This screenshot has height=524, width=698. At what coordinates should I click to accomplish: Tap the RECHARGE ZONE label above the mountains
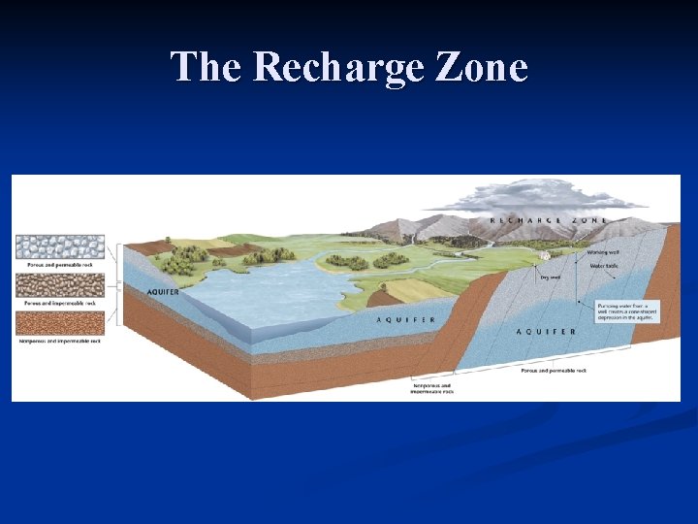pyautogui.click(x=548, y=220)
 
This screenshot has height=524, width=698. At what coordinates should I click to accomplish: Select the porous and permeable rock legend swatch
pyautogui.click(x=60, y=246)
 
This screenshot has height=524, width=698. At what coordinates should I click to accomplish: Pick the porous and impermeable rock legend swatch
pyautogui.click(x=60, y=284)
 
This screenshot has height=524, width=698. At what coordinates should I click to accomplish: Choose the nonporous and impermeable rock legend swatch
pyautogui.click(x=60, y=323)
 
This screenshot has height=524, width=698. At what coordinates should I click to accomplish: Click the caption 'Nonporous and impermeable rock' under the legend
pyautogui.click(x=60, y=342)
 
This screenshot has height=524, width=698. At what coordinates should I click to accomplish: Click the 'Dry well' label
pyautogui.click(x=550, y=278)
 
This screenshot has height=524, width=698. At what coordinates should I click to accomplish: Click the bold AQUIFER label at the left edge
pyautogui.click(x=164, y=291)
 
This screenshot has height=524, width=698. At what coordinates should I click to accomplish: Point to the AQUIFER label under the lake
pyautogui.click(x=405, y=318)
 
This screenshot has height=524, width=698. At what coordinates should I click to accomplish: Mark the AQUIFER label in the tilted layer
pyautogui.click(x=546, y=332)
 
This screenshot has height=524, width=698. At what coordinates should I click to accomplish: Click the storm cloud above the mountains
pyautogui.click(x=543, y=197)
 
